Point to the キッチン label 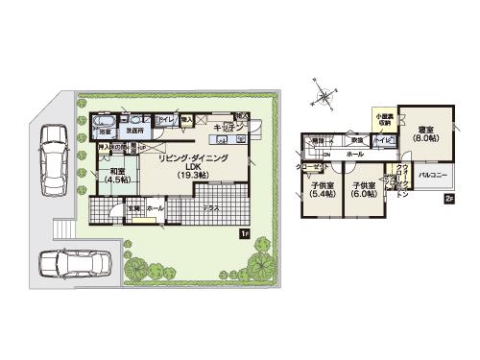click(228, 127)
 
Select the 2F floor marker click(447, 199)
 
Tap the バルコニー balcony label click(430, 177)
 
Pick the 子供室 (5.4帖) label click(323, 188)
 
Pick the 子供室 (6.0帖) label click(363, 188)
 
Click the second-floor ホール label click(353, 154)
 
